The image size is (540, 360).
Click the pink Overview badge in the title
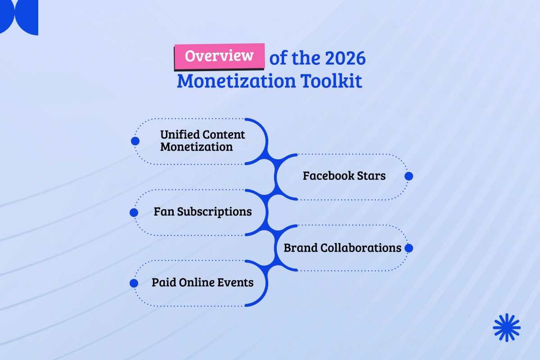click(x=219, y=56)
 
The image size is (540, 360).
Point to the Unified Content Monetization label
click(x=202, y=140)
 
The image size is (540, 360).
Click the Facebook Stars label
click(x=344, y=175)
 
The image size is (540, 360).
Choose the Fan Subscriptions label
click(x=202, y=211)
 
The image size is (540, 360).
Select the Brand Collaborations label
click(x=342, y=247)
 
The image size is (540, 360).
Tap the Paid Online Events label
click(x=202, y=283)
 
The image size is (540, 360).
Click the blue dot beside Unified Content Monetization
click(x=135, y=141)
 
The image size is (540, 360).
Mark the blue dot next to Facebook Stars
click(x=409, y=176)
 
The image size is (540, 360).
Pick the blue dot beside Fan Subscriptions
click(x=134, y=212)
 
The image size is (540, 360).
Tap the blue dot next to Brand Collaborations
click(x=409, y=248)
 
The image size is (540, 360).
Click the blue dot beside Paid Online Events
click(x=134, y=283)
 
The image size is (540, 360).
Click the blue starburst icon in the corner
click(x=506, y=327)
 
